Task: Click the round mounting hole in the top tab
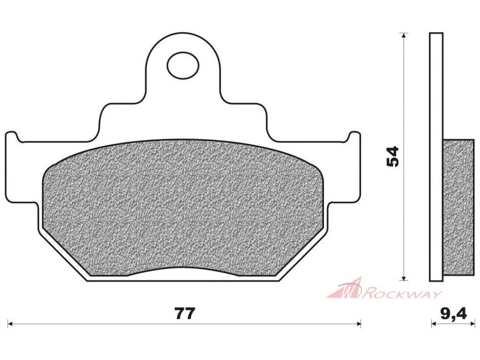click(183, 65)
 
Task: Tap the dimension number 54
click(393, 156)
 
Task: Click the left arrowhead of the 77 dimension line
click(10, 323)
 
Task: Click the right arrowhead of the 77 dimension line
click(359, 323)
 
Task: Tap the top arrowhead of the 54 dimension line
click(405, 35)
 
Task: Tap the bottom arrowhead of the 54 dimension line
click(405, 277)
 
